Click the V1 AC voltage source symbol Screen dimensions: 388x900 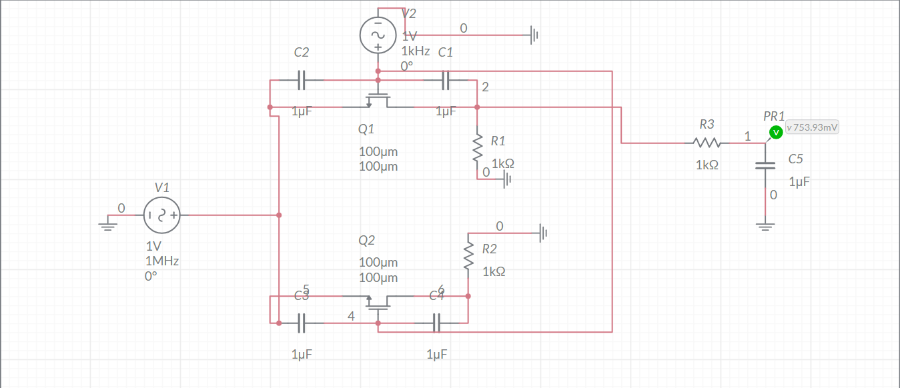click(x=161, y=215)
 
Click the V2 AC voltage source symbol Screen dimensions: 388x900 click(x=378, y=35)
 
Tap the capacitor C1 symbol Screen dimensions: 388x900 click(x=446, y=81)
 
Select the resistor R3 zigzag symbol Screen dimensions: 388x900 click(x=707, y=142)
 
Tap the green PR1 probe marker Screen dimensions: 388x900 click(x=775, y=132)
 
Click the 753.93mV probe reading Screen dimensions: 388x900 click(x=812, y=127)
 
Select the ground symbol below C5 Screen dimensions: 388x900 click(x=765, y=225)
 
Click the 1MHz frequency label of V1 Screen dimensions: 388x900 click(x=162, y=261)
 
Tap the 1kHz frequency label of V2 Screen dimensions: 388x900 click(x=415, y=51)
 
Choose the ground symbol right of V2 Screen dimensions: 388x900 click(x=534, y=35)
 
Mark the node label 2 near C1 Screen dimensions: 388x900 click(x=485, y=87)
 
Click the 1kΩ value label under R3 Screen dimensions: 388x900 click(x=707, y=165)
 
